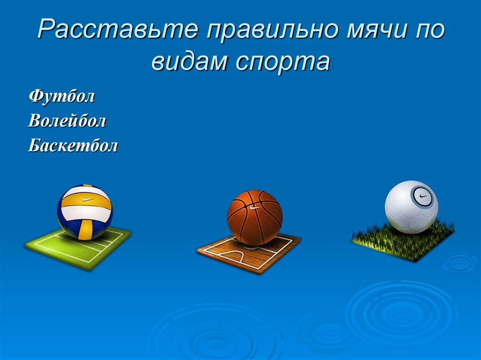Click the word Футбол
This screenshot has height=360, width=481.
[x=62, y=97]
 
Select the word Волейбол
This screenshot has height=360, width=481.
[x=67, y=121]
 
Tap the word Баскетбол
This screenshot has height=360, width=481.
[x=73, y=146]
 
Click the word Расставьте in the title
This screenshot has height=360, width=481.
[x=118, y=29]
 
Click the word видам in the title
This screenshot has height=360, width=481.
[x=189, y=61]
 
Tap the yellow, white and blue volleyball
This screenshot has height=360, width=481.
[x=85, y=212]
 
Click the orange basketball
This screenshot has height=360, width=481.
[x=255, y=217]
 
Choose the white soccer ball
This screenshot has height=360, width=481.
[x=411, y=207]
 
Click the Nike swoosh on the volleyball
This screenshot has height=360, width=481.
[x=88, y=199]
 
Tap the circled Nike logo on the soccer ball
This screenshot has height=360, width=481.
[x=422, y=196]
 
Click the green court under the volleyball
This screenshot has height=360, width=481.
[x=78, y=248]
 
